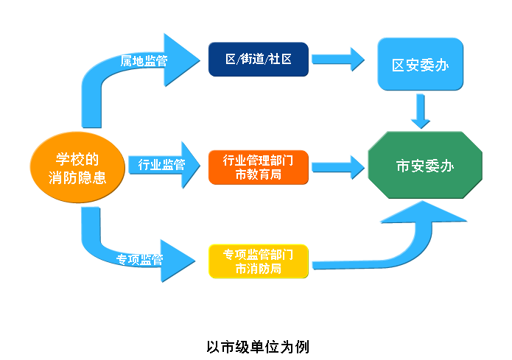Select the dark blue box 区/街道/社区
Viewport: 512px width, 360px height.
(258, 59)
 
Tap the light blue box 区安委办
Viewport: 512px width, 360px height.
(420, 65)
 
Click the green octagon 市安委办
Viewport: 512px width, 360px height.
(425, 166)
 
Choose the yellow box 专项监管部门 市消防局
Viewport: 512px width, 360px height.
(258, 261)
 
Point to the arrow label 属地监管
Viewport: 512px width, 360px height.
(144, 61)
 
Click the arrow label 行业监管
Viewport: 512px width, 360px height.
(161, 165)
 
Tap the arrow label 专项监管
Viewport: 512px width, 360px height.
(140, 260)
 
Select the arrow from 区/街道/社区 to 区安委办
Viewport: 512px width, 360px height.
(338, 60)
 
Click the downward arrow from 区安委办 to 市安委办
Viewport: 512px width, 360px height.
(421, 110)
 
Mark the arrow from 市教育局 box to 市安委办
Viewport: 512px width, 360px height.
(338, 166)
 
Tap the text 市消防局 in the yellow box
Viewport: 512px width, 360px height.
(258, 269)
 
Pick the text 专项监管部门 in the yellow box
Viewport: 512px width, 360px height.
(258, 254)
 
